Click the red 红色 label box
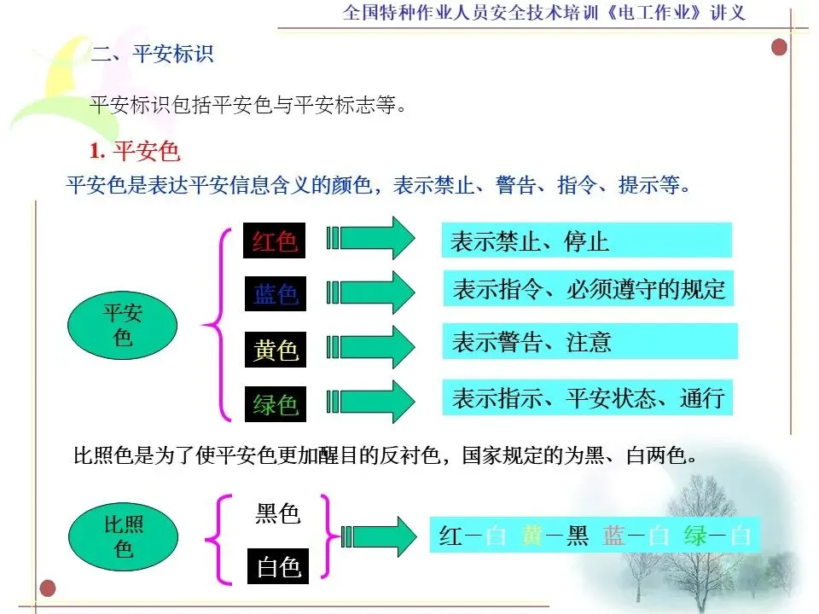pyautogui.click(x=275, y=240)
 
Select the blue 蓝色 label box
pyautogui.click(x=275, y=294)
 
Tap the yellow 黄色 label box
pyautogui.click(x=275, y=349)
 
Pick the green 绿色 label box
pyautogui.click(x=275, y=403)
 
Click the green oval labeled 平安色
pyautogui.click(x=123, y=325)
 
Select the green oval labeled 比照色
pyautogui.click(x=123, y=536)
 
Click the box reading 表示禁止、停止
pyautogui.click(x=586, y=240)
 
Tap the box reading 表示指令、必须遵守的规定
pyautogui.click(x=589, y=289)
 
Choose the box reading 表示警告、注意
pyautogui.click(x=589, y=342)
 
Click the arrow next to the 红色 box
pyautogui.click(x=373, y=238)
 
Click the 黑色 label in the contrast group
pyautogui.click(x=278, y=514)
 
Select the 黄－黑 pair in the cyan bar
pyautogui.click(x=555, y=536)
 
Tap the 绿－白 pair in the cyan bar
pyautogui.click(x=717, y=536)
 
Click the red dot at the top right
pyautogui.click(x=778, y=47)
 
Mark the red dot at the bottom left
pyautogui.click(x=48, y=587)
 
